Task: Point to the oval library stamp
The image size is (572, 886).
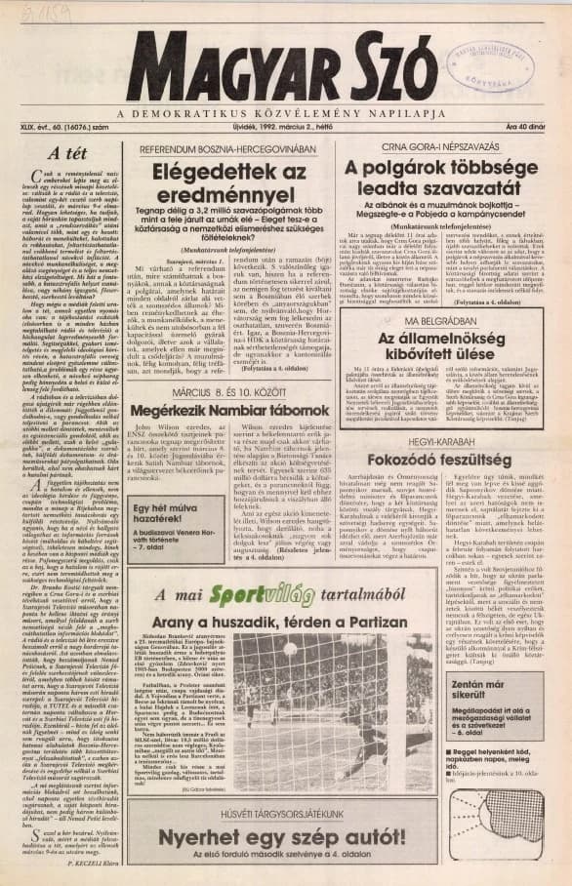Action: pyautogui.click(x=490, y=61)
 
